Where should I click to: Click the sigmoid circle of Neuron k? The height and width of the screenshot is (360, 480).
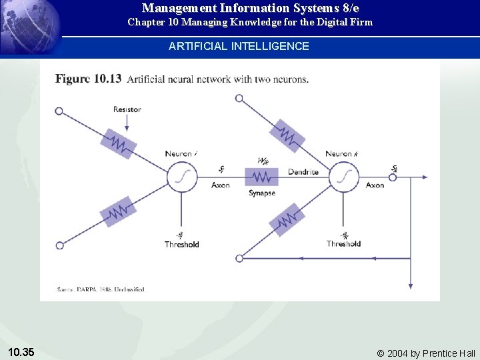click(343, 177)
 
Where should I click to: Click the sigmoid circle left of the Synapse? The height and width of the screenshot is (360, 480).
click(182, 177)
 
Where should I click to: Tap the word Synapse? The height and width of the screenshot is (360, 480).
click(262, 193)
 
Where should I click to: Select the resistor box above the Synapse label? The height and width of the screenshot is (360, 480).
click(262, 177)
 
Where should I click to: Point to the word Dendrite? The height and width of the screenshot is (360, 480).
click(303, 172)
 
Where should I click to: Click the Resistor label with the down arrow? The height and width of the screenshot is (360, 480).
click(127, 109)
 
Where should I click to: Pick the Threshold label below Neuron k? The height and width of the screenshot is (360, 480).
click(343, 244)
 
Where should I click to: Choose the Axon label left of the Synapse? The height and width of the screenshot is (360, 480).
click(220, 185)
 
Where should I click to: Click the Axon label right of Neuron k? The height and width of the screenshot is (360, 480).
click(375, 185)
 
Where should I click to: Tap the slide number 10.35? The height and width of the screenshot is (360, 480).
click(23, 351)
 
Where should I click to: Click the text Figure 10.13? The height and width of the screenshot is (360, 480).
click(88, 79)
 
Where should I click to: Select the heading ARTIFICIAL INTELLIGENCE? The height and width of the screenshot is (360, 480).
click(239, 46)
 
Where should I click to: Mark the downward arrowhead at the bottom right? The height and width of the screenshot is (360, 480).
click(410, 285)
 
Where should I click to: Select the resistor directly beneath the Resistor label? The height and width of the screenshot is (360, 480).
click(118, 143)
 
